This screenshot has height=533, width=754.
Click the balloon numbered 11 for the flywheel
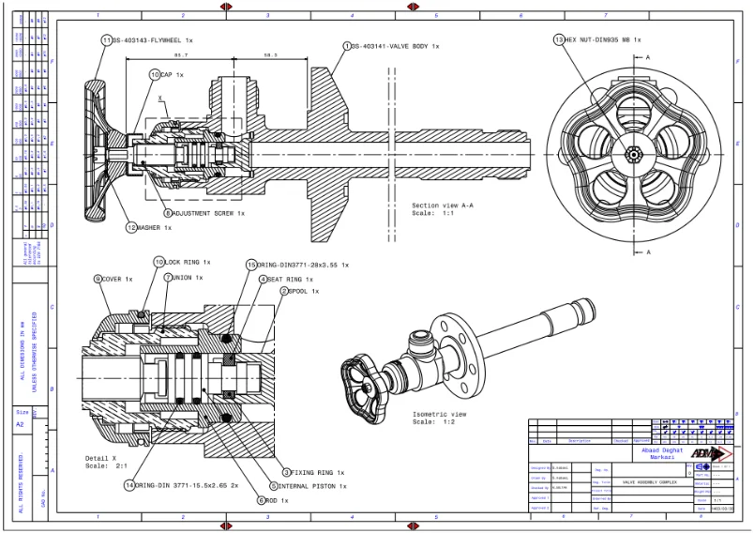pyautogui.click(x=106, y=40)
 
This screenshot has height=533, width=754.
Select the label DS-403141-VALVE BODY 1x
pyautogui.click(x=395, y=45)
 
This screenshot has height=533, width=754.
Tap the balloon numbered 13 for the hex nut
pyautogui.click(x=559, y=40)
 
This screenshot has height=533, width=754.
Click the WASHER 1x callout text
pyautogui.click(x=155, y=227)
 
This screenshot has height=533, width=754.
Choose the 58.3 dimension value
pyautogui.click(x=270, y=55)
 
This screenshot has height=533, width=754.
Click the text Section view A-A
pyautogui.click(x=442, y=205)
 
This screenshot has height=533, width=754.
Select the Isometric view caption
pyautogui.click(x=439, y=414)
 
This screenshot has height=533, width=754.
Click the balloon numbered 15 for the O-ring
pyautogui.click(x=250, y=266)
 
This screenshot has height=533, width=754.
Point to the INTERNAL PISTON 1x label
pyautogui.click(x=312, y=486)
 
